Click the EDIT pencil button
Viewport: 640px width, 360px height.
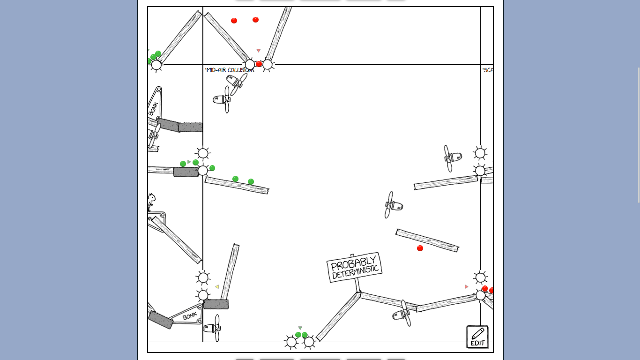(x=477, y=337)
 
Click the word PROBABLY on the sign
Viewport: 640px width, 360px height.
(x=353, y=263)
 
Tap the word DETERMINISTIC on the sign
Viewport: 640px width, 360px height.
(x=355, y=272)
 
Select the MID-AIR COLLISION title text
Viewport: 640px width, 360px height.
(x=229, y=70)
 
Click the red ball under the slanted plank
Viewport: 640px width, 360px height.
(x=420, y=248)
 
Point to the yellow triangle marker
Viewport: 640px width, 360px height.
(x=216, y=287)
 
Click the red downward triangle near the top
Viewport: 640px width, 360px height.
(x=258, y=51)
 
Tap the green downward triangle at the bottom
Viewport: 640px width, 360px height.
(x=300, y=328)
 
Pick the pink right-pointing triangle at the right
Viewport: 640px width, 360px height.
(x=467, y=286)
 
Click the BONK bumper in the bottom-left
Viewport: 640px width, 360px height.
(x=189, y=315)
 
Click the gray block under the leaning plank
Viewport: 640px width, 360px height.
(x=216, y=304)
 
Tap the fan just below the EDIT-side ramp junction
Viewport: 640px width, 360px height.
(x=402, y=314)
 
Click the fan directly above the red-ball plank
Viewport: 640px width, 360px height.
(x=393, y=205)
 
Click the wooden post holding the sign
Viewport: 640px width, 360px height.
(x=357, y=285)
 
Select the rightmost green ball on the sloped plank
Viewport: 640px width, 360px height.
(x=251, y=182)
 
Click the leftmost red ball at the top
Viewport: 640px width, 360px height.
(x=234, y=21)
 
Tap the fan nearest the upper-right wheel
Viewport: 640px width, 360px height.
(x=452, y=157)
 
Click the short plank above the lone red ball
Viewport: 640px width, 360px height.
(x=427, y=240)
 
